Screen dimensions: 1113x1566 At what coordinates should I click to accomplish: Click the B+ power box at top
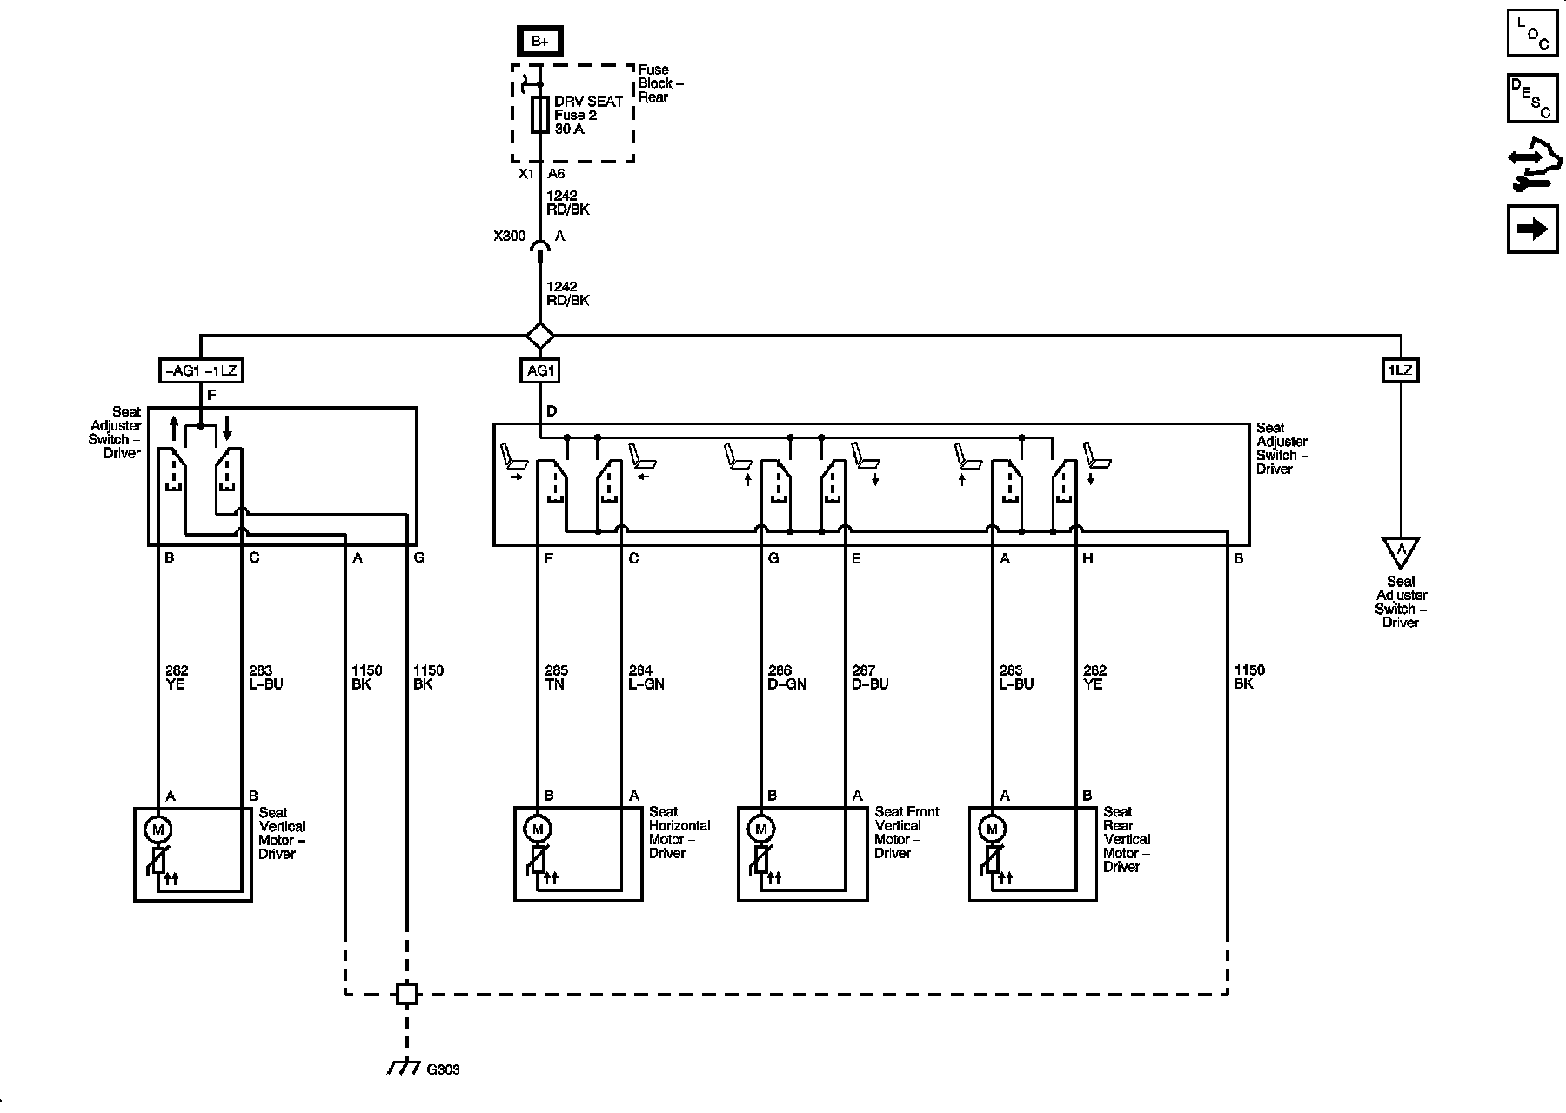coord(539,41)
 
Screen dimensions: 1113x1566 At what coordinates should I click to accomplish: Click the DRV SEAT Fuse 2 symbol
coord(540,115)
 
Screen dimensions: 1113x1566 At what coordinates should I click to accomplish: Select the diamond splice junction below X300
coord(540,335)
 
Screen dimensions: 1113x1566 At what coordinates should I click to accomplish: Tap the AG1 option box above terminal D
coord(540,371)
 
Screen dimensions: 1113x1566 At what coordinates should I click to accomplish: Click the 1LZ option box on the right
coord(1400,371)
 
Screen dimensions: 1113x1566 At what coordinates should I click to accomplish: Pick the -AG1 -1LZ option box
coord(200,371)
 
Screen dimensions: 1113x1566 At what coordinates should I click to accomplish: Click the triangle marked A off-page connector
coord(1401,551)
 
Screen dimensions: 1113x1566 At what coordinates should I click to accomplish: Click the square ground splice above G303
coord(406,993)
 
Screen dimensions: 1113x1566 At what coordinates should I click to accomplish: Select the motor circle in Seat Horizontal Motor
coord(538,829)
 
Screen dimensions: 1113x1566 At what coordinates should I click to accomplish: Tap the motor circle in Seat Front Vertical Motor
coord(761,829)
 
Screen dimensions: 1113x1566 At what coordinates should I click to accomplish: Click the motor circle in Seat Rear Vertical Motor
coord(992,829)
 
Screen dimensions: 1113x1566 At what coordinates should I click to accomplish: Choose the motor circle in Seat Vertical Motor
coord(158,830)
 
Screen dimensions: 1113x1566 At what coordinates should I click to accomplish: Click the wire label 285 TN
coord(555,677)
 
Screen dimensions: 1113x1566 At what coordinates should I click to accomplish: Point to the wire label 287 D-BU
coord(869,677)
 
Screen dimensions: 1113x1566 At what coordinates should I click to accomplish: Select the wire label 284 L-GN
coord(646,677)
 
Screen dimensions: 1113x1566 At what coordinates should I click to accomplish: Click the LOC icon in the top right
coord(1532,33)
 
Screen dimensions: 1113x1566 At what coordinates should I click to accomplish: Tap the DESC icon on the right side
coord(1532,97)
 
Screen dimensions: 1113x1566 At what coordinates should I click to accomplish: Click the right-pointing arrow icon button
coord(1532,229)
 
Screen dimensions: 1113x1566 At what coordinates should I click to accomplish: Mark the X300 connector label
coord(509,237)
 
